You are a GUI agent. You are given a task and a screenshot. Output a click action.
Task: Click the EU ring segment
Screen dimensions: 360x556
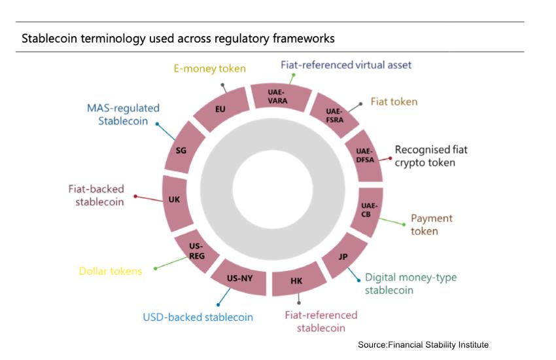(x=220, y=108)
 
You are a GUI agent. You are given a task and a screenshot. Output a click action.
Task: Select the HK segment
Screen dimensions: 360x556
(x=296, y=281)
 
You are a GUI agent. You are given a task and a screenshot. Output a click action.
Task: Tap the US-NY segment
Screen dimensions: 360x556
(x=239, y=278)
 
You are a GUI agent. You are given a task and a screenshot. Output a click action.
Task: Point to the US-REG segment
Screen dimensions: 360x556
(x=196, y=251)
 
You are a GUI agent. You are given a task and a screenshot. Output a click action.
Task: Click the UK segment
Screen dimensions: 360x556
(x=174, y=199)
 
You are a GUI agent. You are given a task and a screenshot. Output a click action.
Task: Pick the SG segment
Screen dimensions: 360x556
(x=182, y=150)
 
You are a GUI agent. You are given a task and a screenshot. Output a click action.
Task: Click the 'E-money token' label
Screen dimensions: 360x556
(x=209, y=67)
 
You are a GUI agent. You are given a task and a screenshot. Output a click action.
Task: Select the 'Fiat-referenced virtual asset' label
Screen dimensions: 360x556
(x=346, y=65)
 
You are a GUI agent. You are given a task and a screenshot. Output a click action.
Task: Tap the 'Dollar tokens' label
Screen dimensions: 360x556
(x=111, y=270)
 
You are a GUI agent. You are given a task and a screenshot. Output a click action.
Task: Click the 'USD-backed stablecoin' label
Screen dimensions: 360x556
(x=198, y=317)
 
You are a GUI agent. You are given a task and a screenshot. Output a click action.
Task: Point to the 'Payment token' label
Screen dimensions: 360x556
(x=431, y=224)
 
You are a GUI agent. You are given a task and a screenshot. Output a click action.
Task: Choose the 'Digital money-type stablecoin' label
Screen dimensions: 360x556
(x=410, y=283)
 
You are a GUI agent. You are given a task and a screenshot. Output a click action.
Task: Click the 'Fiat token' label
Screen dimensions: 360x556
(x=394, y=101)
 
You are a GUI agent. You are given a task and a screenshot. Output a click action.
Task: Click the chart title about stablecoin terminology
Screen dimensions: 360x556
(x=178, y=39)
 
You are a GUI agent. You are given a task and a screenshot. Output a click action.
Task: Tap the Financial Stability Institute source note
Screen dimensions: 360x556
(x=423, y=344)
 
